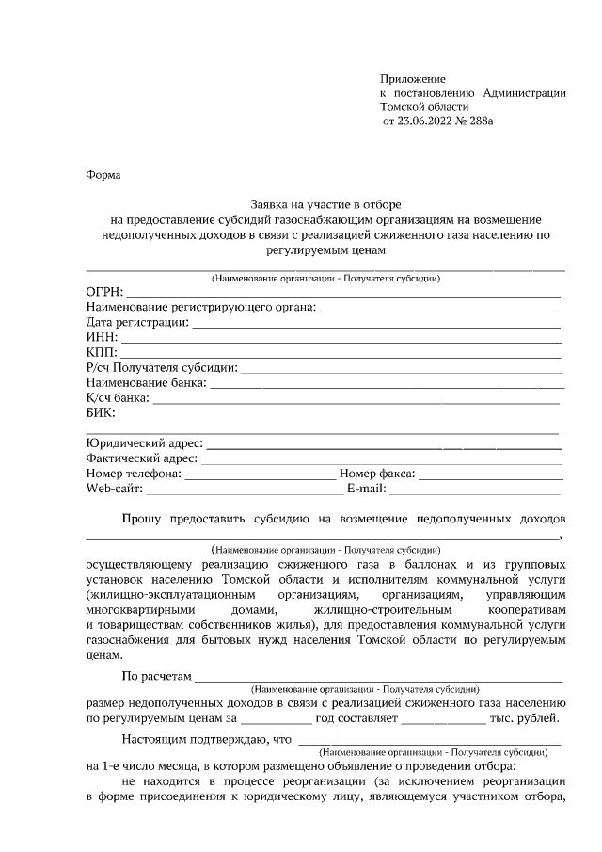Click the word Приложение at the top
(412, 78)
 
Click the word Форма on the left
(103, 175)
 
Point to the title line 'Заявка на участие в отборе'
(325, 204)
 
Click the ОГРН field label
(103, 292)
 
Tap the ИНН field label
(101, 337)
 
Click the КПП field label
(101, 352)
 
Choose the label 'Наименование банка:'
(145, 382)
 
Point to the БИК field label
(100, 412)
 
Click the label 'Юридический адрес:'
(144, 442)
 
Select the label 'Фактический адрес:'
(141, 458)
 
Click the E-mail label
(366, 490)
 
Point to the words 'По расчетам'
(157, 676)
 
